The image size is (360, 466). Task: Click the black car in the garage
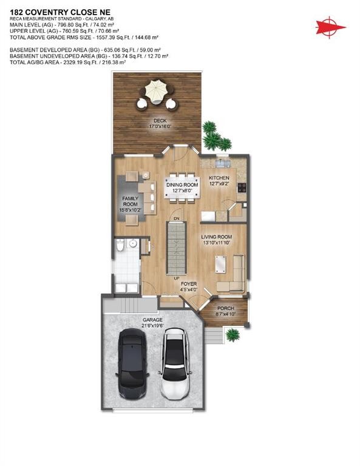click(132, 363)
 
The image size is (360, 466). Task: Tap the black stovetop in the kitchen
click(242, 187)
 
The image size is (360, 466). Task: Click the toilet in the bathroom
click(121, 246)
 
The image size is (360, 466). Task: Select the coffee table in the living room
click(219, 263)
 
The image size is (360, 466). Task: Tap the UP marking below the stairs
click(177, 279)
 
